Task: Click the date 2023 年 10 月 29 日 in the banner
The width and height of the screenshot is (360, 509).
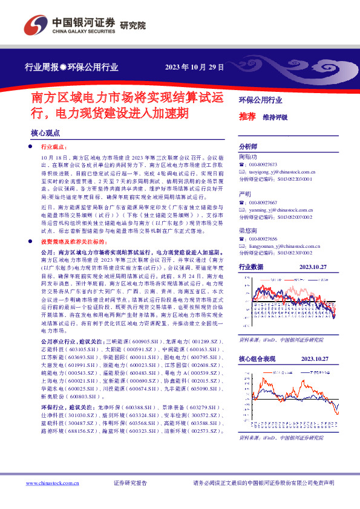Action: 195,67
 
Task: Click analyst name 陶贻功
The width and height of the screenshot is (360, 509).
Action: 249,155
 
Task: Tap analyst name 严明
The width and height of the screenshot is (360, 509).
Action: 246,193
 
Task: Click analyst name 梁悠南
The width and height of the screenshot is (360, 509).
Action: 249,231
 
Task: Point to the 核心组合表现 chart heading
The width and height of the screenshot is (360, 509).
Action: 257,359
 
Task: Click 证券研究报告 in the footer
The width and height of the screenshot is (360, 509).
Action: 130,484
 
